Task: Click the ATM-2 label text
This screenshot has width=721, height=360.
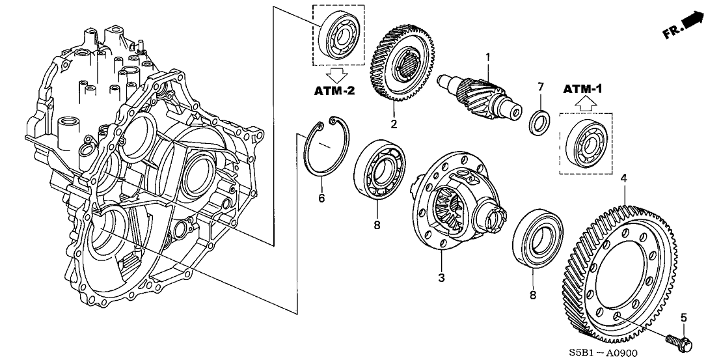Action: pyautogui.click(x=336, y=91)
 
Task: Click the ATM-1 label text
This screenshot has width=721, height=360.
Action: pyautogui.click(x=583, y=88)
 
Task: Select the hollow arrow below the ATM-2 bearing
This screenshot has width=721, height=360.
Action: pyautogui.click(x=336, y=72)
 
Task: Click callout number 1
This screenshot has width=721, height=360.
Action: pyautogui.click(x=487, y=58)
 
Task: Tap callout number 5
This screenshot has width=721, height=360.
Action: pyautogui.click(x=683, y=318)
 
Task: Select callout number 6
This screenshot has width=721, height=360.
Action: pyautogui.click(x=321, y=198)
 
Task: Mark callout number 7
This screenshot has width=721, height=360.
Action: pyautogui.click(x=540, y=87)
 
